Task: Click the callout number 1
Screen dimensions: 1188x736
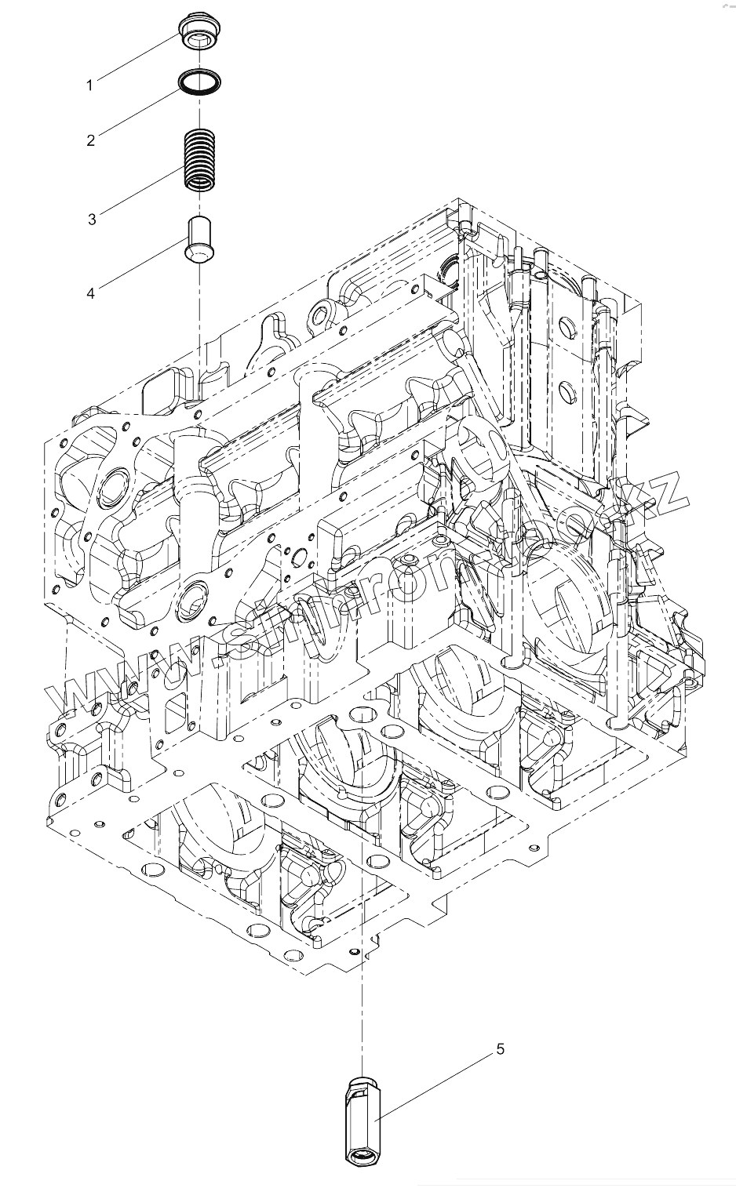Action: pos(89,85)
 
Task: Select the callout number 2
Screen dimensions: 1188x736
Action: pos(91,140)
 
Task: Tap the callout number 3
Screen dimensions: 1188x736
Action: pos(92,220)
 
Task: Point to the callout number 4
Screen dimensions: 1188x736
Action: pos(91,292)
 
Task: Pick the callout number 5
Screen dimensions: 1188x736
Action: pos(500,1048)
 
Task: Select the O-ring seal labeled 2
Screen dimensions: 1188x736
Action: pos(199,81)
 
